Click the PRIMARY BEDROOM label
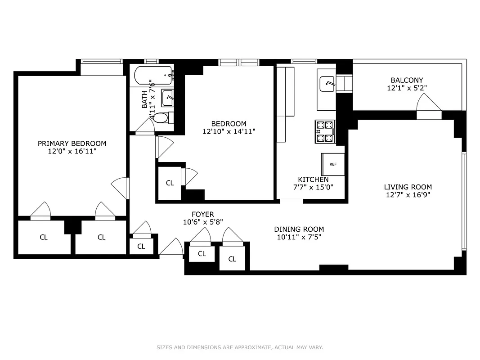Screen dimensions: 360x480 (x=72, y=144)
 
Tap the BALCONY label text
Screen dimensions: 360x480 (x=407, y=80)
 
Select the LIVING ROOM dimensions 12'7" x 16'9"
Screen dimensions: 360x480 (x=408, y=195)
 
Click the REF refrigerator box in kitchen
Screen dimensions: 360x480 (x=333, y=164)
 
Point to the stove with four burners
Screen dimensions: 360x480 (x=325, y=131)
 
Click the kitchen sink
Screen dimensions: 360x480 (x=327, y=84)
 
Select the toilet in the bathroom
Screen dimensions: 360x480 (x=160, y=118)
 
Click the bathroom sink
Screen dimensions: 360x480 (x=167, y=98)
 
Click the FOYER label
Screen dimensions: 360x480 (x=203, y=214)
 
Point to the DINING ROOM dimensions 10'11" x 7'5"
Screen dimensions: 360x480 (x=299, y=237)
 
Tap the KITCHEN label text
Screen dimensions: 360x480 (x=313, y=180)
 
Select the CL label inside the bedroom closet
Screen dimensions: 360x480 (x=170, y=183)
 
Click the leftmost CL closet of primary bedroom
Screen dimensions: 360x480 (x=44, y=237)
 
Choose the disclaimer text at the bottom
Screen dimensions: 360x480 (x=240, y=347)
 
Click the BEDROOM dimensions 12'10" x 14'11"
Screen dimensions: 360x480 (x=229, y=131)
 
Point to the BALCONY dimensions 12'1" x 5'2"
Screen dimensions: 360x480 (x=407, y=88)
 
